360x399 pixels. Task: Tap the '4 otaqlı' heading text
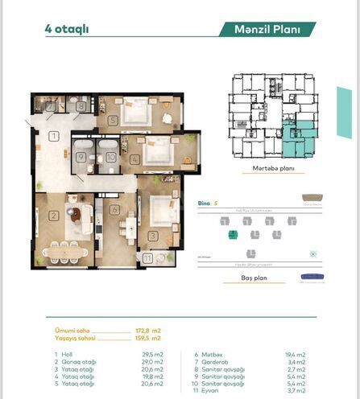67,29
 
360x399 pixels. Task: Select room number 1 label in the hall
52,137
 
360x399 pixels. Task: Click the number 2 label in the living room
52,215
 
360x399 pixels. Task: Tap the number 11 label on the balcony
147,258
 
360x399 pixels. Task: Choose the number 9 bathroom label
81,158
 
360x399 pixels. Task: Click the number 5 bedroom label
113,120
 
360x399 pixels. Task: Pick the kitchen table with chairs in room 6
129,229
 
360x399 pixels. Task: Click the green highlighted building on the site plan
233,234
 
